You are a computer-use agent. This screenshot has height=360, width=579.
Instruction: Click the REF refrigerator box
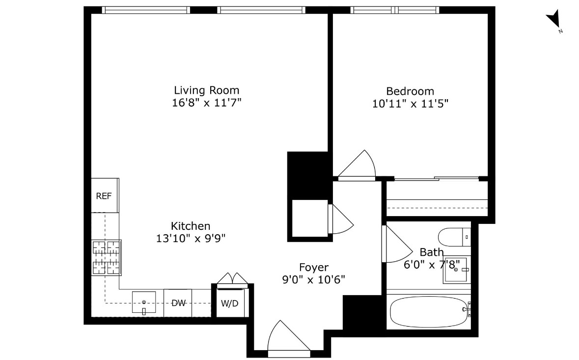coord(105,195)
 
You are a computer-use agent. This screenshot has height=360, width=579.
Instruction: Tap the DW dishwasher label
coord(178,303)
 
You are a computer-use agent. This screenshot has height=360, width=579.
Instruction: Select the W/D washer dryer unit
coord(229,303)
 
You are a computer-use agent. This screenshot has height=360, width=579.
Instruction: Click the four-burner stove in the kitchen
coord(106,257)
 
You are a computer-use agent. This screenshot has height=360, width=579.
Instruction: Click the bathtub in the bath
coord(428,312)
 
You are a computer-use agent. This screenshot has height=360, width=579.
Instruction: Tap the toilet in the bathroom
coord(454,237)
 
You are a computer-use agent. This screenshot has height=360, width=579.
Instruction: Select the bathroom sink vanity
coord(457,269)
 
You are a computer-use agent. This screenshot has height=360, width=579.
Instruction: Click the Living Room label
coord(207,90)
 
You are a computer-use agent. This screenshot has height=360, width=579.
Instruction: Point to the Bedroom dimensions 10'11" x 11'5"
coord(410,104)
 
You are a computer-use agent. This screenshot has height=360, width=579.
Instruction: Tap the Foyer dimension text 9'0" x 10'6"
coord(314,279)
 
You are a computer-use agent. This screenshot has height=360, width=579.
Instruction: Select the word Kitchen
coord(191,226)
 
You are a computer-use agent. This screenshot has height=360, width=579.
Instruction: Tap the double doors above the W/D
coord(233,278)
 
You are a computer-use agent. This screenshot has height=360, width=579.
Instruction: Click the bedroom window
coord(395,10)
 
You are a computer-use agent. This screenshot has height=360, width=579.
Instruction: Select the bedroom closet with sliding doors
coord(437,199)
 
